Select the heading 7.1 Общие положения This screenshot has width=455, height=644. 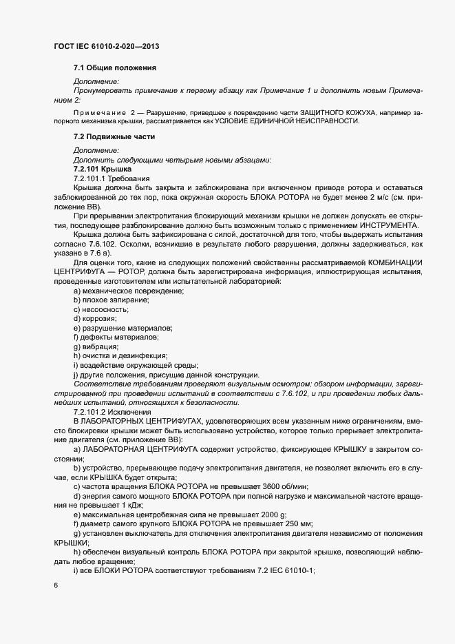coord(115,67)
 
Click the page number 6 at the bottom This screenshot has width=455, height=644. coord(55,585)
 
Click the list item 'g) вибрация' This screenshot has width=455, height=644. coord(96,346)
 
